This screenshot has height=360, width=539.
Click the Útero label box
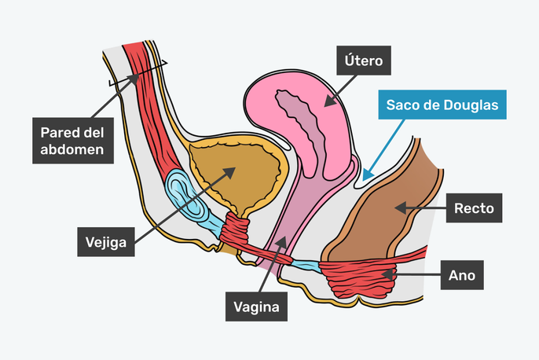(x=364, y=59)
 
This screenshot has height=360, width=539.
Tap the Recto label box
(x=474, y=209)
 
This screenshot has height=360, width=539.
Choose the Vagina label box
(x=257, y=306)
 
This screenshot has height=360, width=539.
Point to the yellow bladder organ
(x=236, y=173)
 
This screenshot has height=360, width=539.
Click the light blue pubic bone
(x=182, y=197)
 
